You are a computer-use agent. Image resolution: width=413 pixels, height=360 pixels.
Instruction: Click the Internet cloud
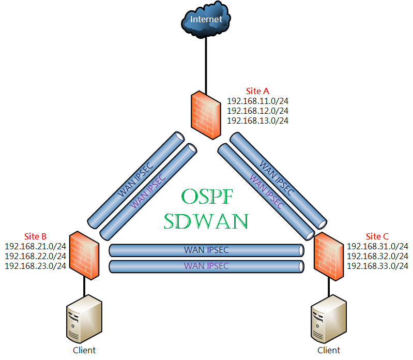point(206,20)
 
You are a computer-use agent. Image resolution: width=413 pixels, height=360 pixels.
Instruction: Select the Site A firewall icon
point(206,115)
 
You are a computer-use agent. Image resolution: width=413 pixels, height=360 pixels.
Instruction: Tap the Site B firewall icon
point(84,256)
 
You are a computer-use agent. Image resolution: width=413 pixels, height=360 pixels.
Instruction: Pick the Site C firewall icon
point(329,257)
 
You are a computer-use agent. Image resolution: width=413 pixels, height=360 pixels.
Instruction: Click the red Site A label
point(257,91)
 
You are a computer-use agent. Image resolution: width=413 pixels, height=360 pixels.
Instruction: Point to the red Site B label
point(35,236)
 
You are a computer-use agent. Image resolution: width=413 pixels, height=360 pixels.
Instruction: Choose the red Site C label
point(377,236)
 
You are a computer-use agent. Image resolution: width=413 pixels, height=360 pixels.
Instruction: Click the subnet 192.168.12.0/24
point(257,111)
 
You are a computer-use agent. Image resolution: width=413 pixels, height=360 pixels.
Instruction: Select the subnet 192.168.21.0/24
point(35,246)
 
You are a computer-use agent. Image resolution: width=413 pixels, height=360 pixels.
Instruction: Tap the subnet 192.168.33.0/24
point(377,266)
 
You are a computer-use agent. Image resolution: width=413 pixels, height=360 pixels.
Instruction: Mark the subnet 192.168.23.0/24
point(35,266)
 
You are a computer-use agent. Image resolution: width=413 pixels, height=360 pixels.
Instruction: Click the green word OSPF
point(207,197)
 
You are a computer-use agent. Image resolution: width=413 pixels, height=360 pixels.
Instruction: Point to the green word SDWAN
point(206,221)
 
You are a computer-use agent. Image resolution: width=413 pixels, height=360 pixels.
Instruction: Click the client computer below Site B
point(84,319)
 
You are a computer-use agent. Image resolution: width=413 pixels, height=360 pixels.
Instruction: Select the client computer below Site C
point(329,319)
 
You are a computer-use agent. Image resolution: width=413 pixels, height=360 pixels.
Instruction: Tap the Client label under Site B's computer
point(84,350)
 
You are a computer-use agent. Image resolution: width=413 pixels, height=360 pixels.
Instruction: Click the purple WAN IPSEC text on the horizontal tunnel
point(206,266)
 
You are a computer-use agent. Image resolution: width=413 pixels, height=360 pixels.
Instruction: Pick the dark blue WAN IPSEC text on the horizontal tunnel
point(206,250)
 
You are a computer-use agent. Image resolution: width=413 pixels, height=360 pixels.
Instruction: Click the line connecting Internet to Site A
point(206,65)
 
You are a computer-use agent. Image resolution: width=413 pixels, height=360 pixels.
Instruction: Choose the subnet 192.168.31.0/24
point(377,246)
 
